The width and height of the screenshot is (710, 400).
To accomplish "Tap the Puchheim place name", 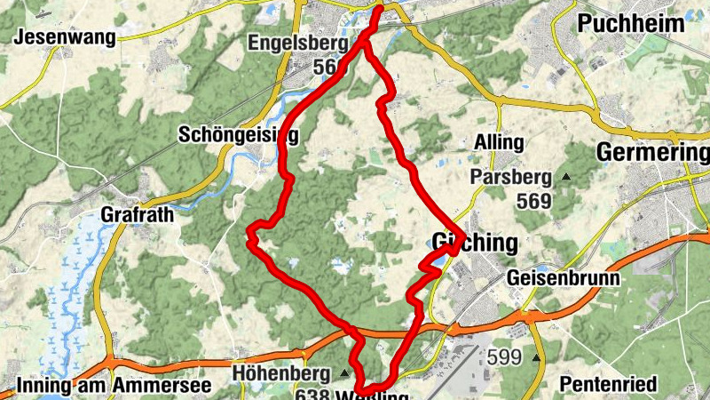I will (631, 23).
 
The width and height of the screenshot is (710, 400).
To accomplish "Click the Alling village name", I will (499, 142).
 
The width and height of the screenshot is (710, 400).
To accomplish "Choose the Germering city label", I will (652, 152).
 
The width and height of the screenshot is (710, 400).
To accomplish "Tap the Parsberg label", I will (511, 177).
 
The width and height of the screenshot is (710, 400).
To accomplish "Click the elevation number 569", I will (533, 201).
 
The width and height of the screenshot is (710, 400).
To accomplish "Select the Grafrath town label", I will (137, 214).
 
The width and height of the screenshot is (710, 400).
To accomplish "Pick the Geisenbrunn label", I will (564, 278).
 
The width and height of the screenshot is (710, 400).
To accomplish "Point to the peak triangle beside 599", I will (536, 358).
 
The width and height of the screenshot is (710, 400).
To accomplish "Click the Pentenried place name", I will (609, 384).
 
